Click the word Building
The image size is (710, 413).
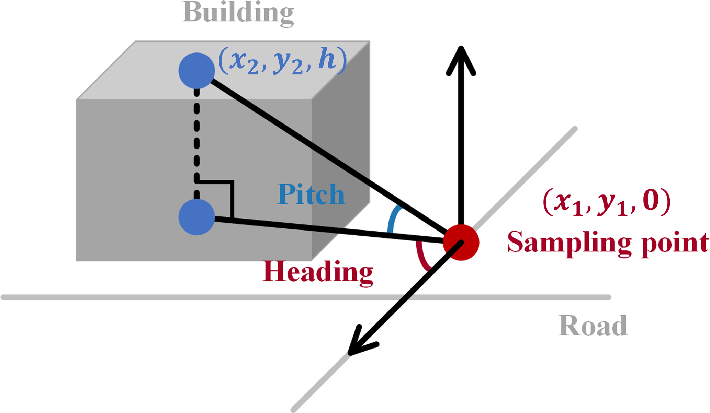tap(238, 13)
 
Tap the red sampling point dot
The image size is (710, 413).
tap(461, 243)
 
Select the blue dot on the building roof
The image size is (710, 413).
tap(196, 71)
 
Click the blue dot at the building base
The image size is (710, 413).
tap(196, 217)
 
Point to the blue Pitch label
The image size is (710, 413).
tap(311, 194)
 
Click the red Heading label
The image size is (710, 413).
tap(318, 272)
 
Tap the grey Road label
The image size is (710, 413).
tap(593, 326)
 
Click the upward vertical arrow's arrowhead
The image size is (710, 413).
tap(461, 58)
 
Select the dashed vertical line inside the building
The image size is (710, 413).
tap(196, 137)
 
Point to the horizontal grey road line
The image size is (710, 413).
tap(206, 297)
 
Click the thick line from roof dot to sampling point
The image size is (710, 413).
tap(326, 154)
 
